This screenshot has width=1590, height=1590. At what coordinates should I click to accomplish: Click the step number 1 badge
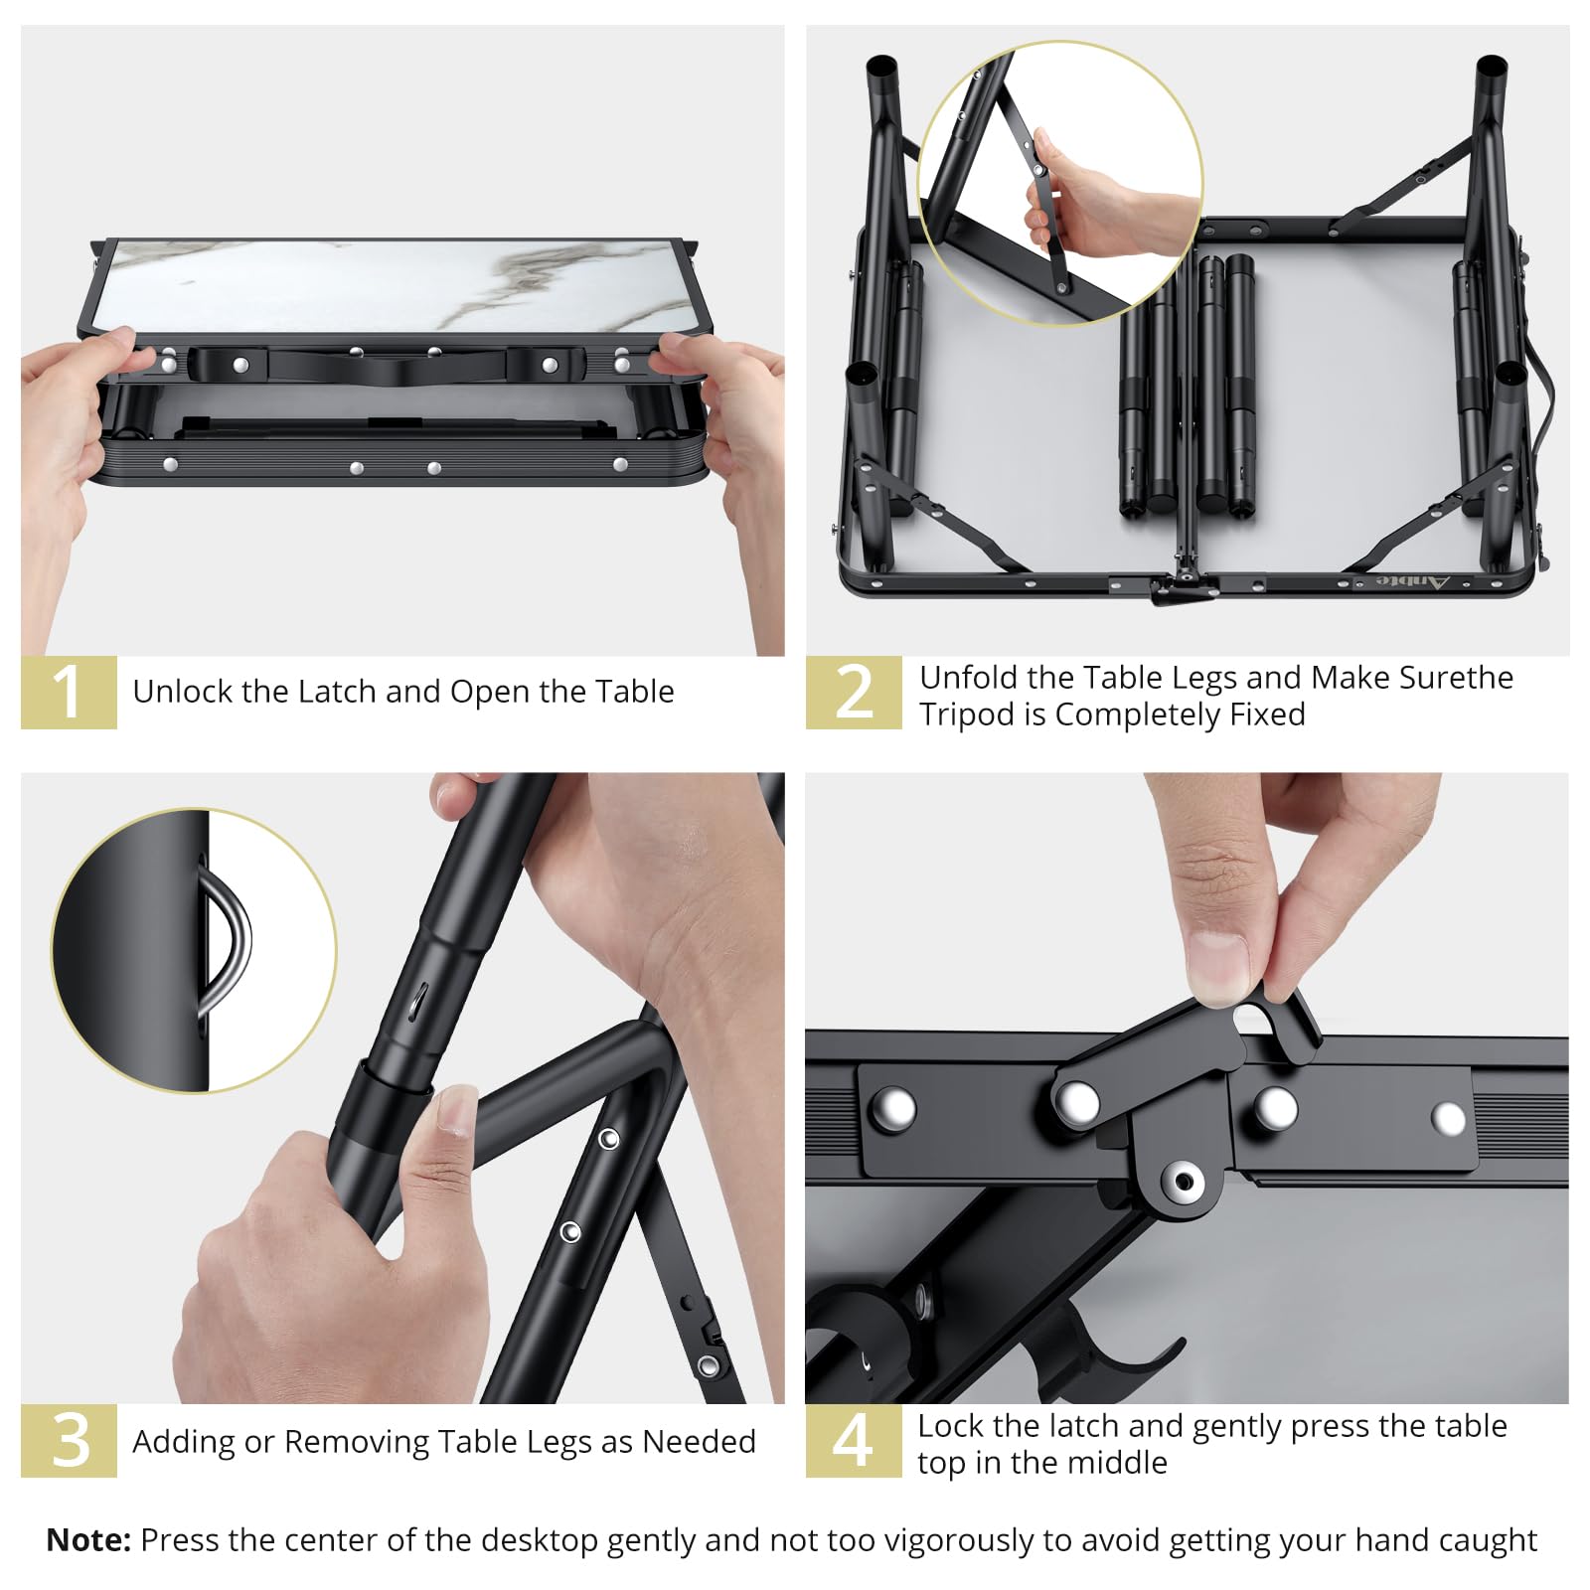click(69, 692)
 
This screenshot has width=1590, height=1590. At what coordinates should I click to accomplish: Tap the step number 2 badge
click(854, 692)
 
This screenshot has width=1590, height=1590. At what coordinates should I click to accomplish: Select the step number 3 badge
click(69, 1440)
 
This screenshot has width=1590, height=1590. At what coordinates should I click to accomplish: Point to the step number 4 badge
click(854, 1440)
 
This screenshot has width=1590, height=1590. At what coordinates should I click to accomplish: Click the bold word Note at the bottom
click(88, 1539)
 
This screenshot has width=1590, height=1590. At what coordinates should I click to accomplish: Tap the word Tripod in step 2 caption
click(968, 715)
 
